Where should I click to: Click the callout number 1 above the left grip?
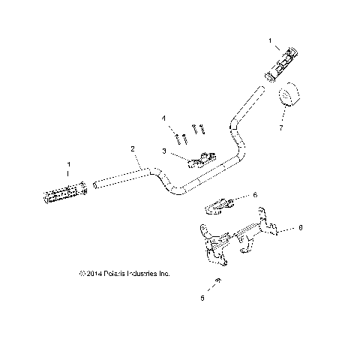[x=69, y=163]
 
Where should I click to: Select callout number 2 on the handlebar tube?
[x=133, y=149]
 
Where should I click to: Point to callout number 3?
[x=163, y=151]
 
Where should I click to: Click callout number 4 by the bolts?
[x=163, y=118]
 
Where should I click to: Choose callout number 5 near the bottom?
[x=201, y=298]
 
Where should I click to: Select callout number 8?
[x=300, y=226]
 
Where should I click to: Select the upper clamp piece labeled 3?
[x=201, y=159]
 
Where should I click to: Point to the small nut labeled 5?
[x=216, y=281]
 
